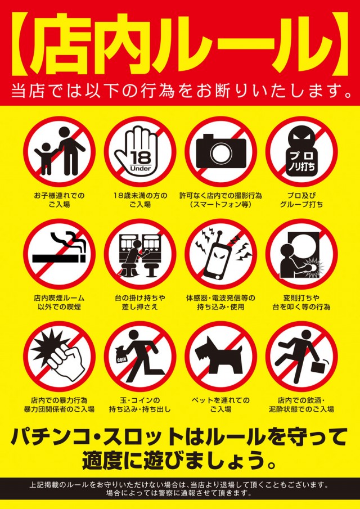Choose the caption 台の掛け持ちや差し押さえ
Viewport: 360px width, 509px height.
pos(139,302)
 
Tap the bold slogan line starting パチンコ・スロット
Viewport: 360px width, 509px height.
pos(180,436)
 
